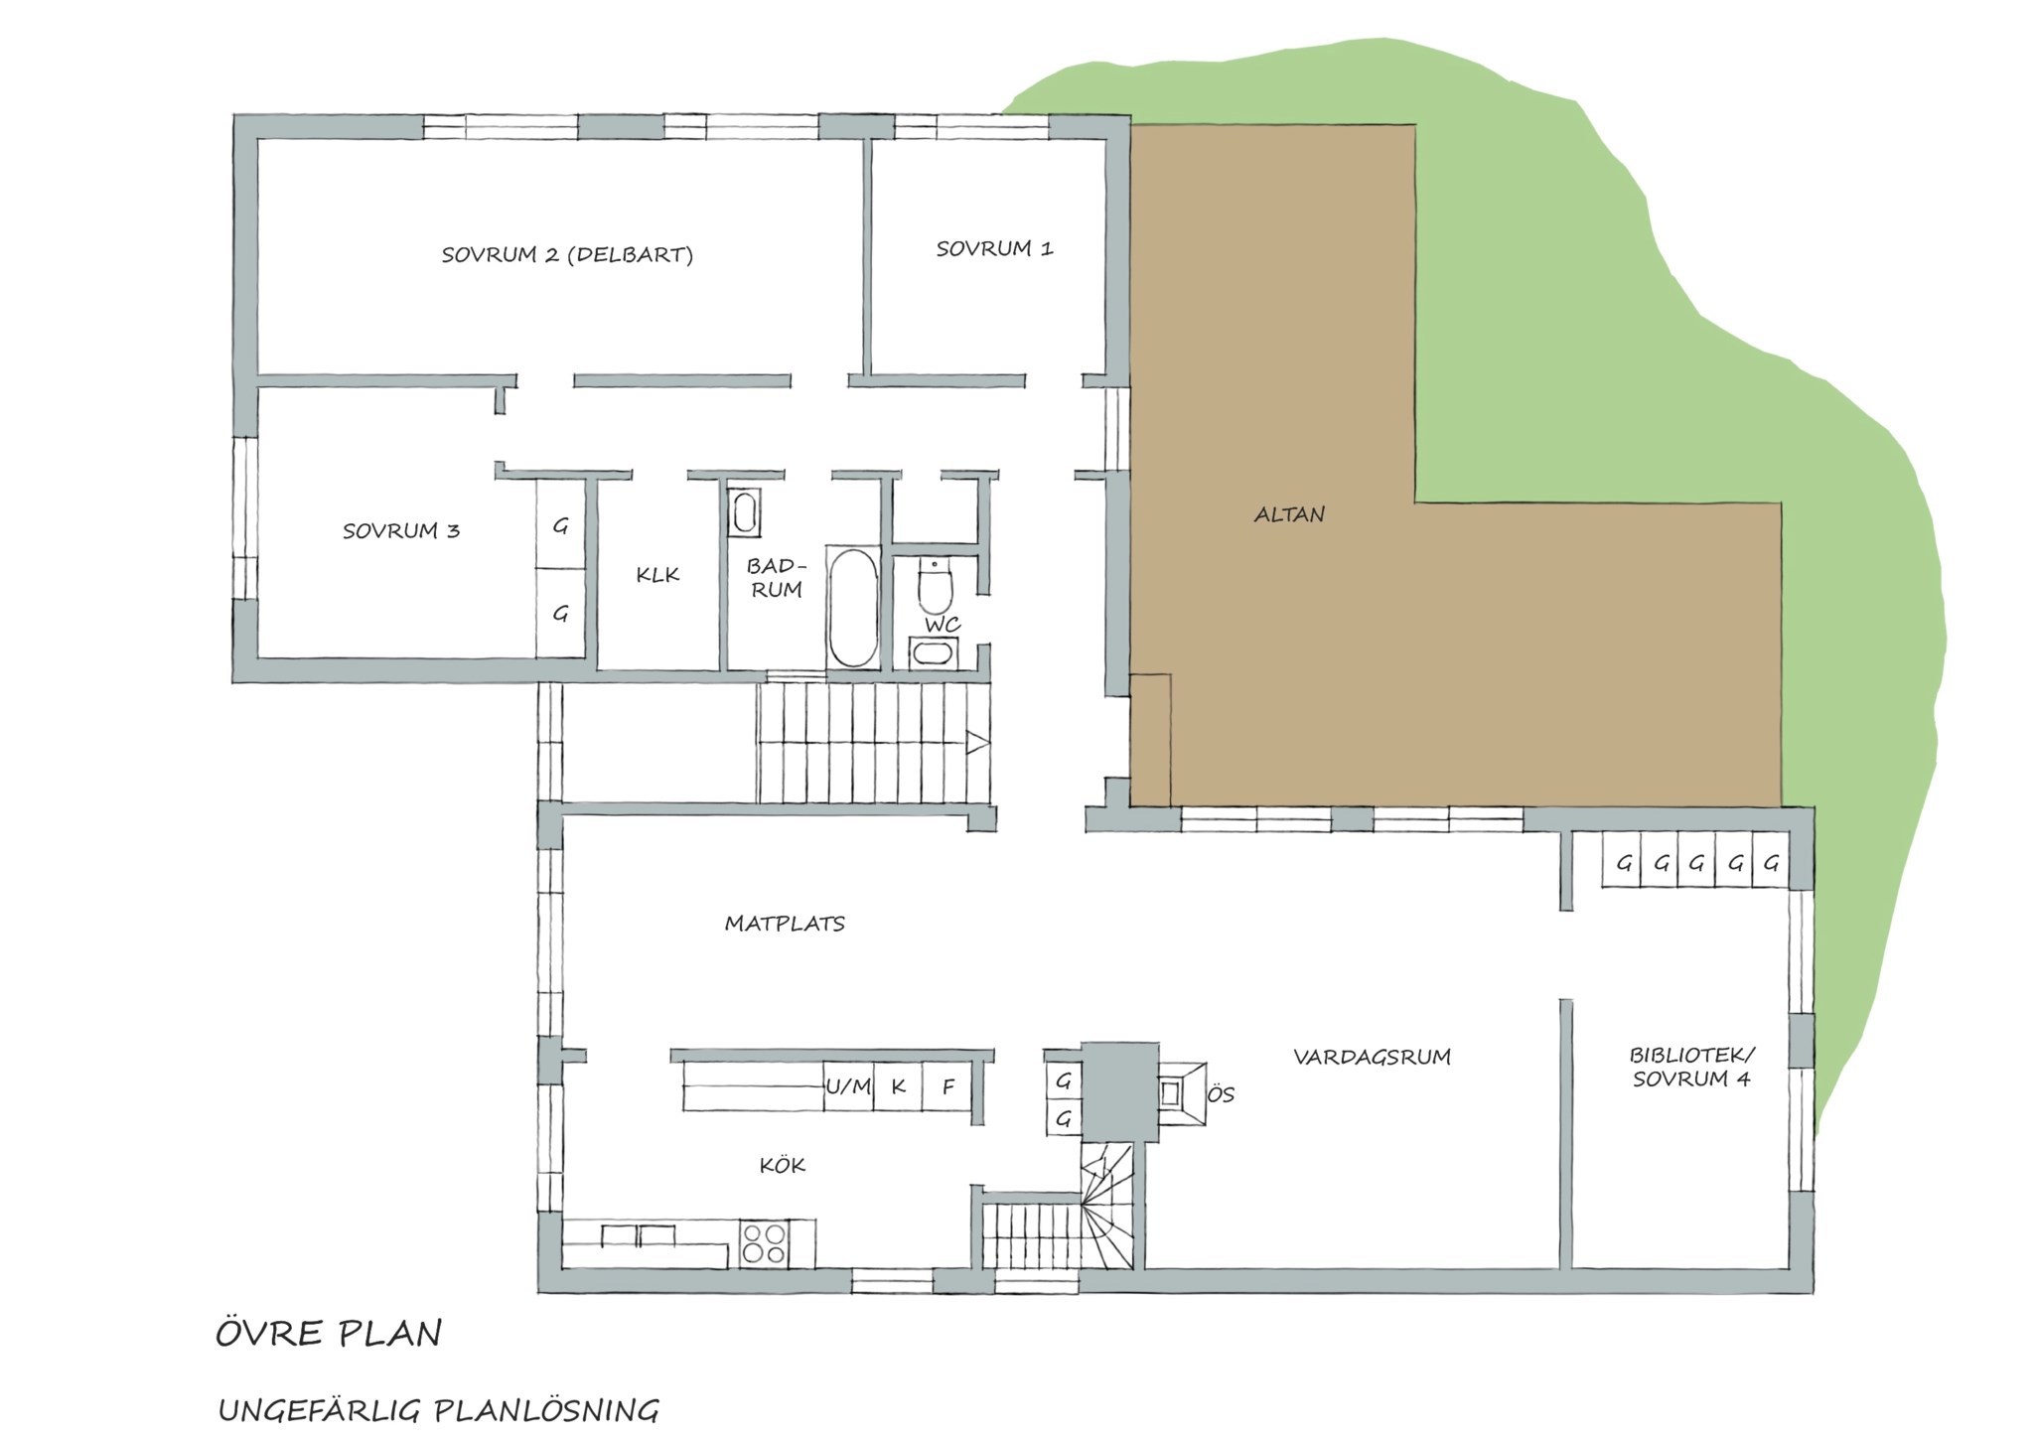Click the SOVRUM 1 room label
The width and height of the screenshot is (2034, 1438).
coord(994,248)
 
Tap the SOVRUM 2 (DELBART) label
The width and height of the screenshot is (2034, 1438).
coord(567,254)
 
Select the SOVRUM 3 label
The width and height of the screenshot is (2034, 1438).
coord(401,530)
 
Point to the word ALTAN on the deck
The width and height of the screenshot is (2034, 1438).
coord(1289,514)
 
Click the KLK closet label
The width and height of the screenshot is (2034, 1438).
coord(657,574)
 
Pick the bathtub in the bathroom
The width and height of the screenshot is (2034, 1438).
coord(853,607)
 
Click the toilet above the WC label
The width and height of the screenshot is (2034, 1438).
coord(935,586)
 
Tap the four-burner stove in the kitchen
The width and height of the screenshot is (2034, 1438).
coord(764,1243)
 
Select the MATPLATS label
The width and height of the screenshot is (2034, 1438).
coord(785,924)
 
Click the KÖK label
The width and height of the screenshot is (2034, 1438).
coord(782,1164)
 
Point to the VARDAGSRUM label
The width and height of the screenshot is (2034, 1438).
coord(1372,1057)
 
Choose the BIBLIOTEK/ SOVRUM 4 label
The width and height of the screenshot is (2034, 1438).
coord(1691,1067)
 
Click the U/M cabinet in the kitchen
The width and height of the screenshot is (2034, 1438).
coord(848,1086)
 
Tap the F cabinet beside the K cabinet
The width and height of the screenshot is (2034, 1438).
coord(948,1086)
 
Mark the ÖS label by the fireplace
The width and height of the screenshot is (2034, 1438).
coord(1221,1094)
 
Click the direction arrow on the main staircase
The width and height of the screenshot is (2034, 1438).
coord(977,742)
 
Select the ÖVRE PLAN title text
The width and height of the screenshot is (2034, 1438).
coord(329,1334)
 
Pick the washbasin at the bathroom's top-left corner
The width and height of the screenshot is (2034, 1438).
coord(743,512)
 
